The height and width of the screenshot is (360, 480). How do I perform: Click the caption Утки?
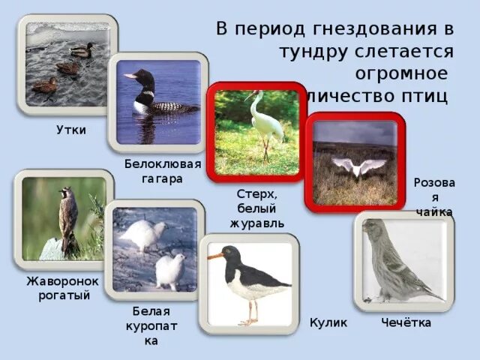tap(71, 130)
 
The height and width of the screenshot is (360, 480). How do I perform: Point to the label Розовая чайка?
tap(434, 197)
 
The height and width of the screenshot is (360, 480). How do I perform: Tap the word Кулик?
tap(328, 322)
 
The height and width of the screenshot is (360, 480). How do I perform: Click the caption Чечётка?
tap(406, 322)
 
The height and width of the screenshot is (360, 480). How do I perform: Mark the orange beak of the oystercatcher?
tap(217, 256)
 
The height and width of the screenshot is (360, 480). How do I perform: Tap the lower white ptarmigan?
tap(169, 270)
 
